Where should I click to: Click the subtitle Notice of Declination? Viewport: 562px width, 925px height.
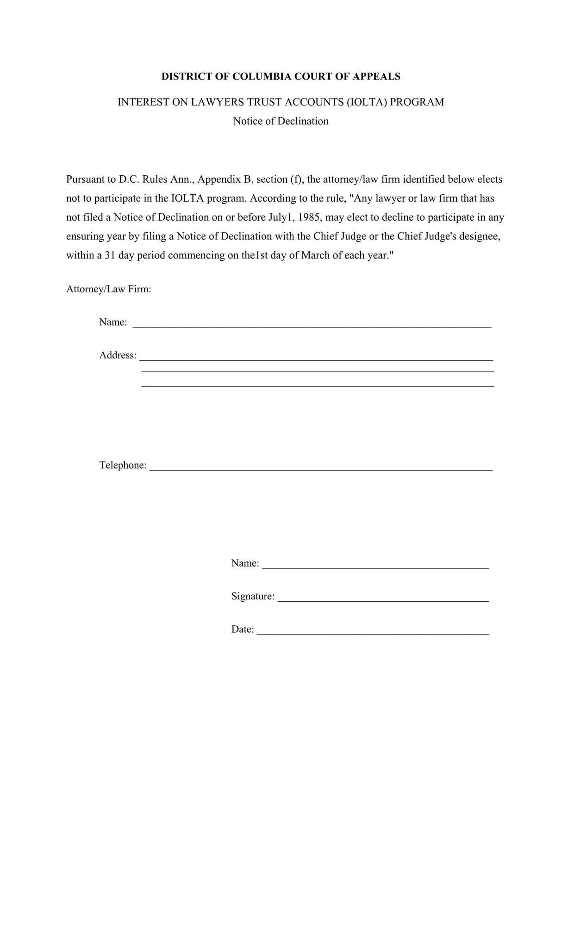pos(281,121)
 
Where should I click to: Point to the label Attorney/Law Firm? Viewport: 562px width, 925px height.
pos(109,290)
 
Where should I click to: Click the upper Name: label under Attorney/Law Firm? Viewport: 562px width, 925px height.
pos(113,322)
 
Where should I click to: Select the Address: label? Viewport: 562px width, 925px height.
pos(118,355)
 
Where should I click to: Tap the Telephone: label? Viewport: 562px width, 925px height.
pos(123,465)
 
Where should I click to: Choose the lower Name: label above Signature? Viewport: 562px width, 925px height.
pos(245,563)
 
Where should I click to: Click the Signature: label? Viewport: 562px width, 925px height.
pos(253,596)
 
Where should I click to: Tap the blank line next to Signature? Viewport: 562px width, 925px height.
pos(383,599)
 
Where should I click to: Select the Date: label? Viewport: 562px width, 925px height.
pos(243,629)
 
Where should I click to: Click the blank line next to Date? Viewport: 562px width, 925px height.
pos(373,632)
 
